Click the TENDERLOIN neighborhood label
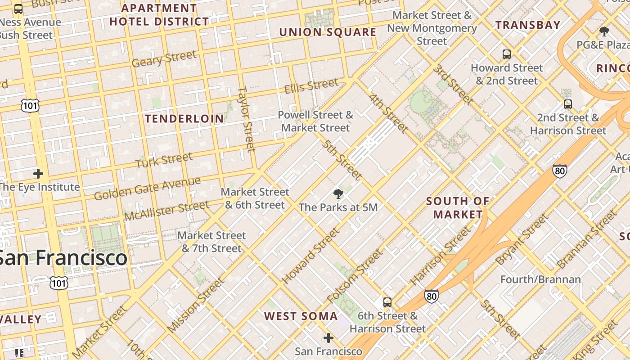coord(184,119)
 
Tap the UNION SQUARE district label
coord(328,32)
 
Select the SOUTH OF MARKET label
coord(458,208)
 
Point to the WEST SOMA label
coord(301,316)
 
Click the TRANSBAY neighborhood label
coord(528,25)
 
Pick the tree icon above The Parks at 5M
coord(338,194)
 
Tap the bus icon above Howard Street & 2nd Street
coord(507,54)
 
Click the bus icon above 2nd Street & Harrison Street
coord(568,104)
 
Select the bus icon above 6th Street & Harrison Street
coord(387,302)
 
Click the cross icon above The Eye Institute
coord(38,174)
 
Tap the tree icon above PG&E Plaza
coord(604,31)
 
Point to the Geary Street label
coord(164,58)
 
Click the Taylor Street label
coord(246,119)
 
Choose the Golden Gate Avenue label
coord(147,188)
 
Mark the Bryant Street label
coord(522,239)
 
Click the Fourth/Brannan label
coord(540,279)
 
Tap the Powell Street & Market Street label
coord(315,121)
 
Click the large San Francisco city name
coord(63,258)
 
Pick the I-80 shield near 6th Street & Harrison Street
coord(431,296)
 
